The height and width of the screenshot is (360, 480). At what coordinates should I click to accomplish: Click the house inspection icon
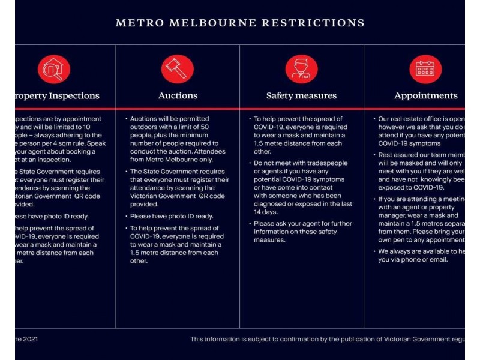pos(54,70)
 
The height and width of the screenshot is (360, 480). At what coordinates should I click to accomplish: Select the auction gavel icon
pos(178,70)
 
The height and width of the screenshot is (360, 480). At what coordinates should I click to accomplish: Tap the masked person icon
pos(301,70)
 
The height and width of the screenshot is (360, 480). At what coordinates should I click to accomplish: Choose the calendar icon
pos(425,70)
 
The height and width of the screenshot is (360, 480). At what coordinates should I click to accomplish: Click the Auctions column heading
pos(178,96)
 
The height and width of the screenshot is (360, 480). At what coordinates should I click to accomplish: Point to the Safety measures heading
pos(301,96)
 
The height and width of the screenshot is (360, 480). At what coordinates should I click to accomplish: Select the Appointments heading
pos(425,96)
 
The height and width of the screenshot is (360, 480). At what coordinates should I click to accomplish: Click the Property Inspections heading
pos(56,96)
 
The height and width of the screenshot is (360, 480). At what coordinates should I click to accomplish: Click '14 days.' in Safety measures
pos(266,212)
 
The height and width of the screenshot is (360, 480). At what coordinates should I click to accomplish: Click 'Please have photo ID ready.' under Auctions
pos(172,216)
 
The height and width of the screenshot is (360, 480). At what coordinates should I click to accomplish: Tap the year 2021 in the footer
pos(32,340)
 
